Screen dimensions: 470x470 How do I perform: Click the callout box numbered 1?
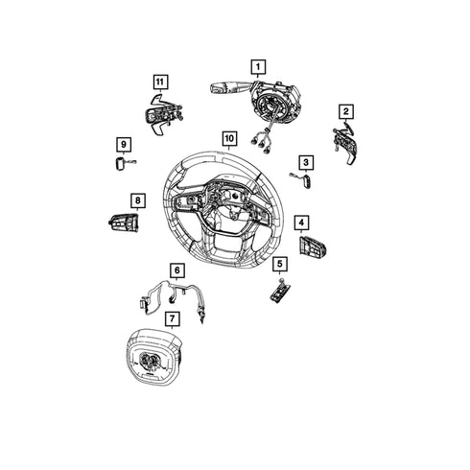(x=258, y=67)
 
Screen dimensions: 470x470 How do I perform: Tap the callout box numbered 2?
(x=346, y=111)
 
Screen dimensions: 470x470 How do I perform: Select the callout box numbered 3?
(x=306, y=162)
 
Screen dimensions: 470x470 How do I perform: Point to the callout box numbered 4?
(x=301, y=222)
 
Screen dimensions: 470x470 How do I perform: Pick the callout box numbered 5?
(x=280, y=264)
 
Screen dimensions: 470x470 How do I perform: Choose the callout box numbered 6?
(x=177, y=270)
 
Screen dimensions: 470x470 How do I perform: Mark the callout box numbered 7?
(x=173, y=318)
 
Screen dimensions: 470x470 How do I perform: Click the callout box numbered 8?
(x=138, y=200)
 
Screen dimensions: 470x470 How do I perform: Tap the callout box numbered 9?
(x=124, y=145)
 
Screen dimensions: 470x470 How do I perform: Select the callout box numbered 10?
(x=229, y=139)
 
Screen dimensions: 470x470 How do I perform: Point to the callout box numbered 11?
(x=160, y=82)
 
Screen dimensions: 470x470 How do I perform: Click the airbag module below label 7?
(x=154, y=357)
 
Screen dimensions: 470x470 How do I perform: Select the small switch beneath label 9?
(x=122, y=163)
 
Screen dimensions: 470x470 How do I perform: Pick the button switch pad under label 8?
(x=124, y=223)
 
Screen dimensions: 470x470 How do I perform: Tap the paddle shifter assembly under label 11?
(x=164, y=114)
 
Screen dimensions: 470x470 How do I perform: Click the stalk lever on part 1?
(x=223, y=87)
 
